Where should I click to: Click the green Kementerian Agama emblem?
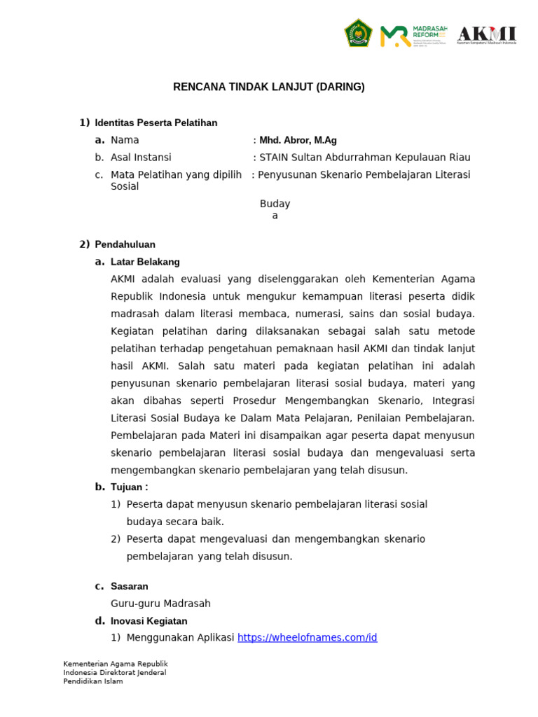click(358, 34)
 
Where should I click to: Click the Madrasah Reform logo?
click(413, 34)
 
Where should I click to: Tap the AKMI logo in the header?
click(487, 34)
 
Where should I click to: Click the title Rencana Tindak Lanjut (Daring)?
click(269, 87)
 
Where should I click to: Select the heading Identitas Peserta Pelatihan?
click(156, 123)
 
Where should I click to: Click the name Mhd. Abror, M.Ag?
click(298, 140)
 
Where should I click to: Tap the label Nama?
click(125, 140)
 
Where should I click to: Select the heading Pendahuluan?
click(125, 244)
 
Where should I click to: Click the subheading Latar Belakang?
click(145, 262)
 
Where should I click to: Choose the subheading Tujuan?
click(129, 487)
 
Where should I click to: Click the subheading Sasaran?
click(130, 586)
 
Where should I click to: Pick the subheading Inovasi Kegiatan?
click(149, 621)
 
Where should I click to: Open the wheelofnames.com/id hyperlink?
click(308, 638)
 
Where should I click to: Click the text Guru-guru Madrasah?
click(160, 604)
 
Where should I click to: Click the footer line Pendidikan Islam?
click(93, 681)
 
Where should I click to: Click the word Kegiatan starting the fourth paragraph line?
click(134, 331)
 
